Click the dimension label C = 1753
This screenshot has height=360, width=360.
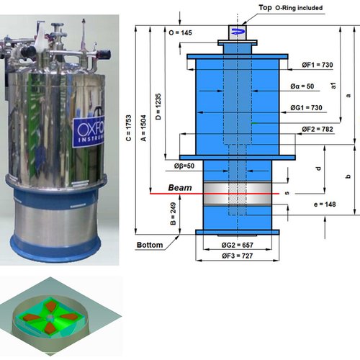(129, 128)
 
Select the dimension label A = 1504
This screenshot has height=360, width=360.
(143, 128)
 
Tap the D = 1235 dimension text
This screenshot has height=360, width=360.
(158, 107)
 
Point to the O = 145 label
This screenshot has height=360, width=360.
(180, 32)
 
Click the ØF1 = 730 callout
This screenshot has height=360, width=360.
(318, 65)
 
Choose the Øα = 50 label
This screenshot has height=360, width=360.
(302, 86)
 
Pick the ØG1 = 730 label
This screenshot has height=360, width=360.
(306, 108)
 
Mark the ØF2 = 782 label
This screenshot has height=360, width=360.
(318, 130)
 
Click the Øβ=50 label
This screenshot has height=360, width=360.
(184, 166)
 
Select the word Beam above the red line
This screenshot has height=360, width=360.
(180, 188)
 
